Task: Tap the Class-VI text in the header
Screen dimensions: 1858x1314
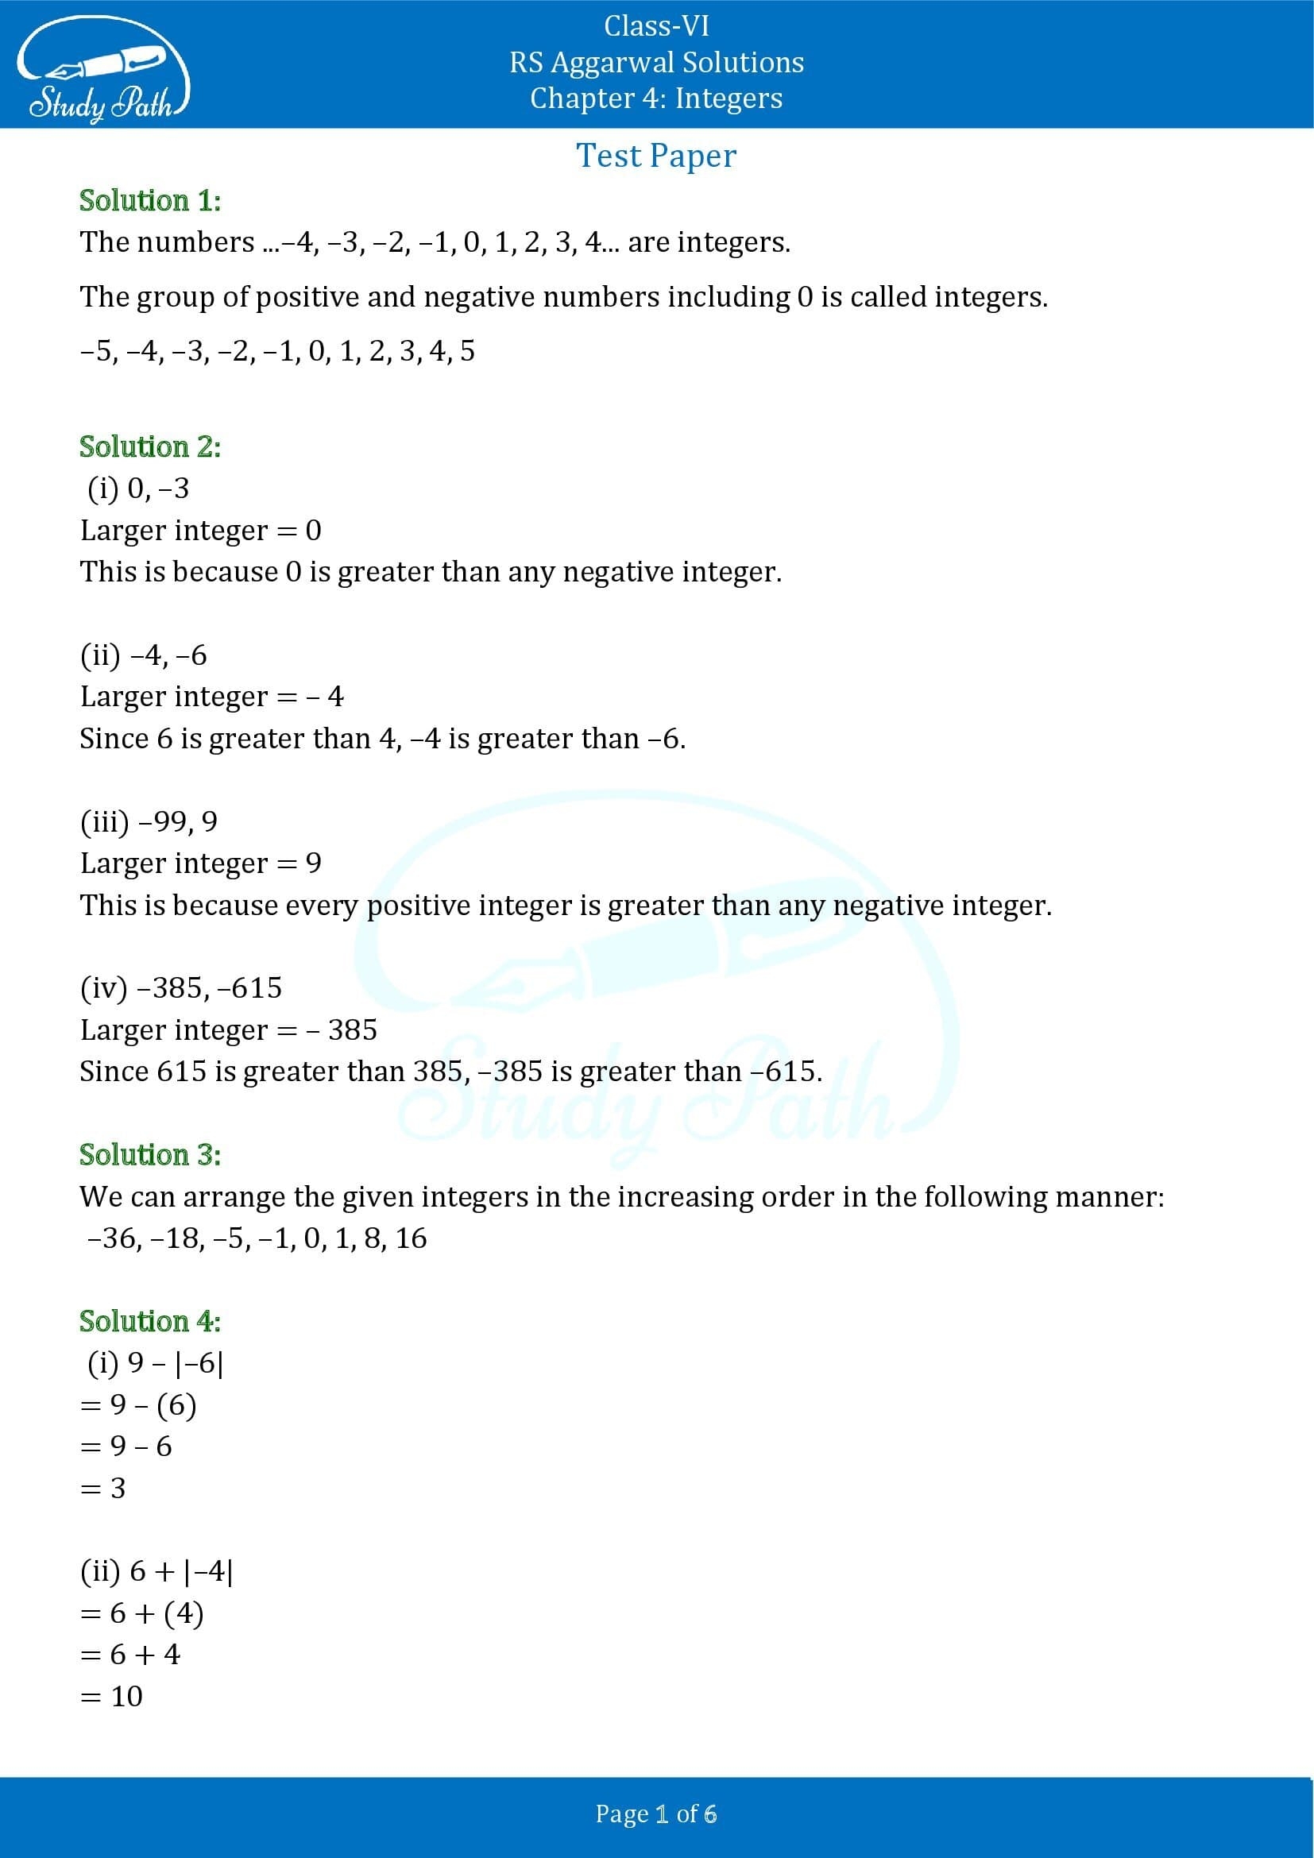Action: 656,27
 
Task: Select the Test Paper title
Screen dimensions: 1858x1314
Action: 656,156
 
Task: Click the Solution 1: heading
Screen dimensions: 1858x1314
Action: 149,201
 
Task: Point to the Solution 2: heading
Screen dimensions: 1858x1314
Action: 149,446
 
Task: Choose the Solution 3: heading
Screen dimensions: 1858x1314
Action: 149,1155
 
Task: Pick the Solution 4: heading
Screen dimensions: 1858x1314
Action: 149,1322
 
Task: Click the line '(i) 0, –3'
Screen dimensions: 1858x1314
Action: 137,489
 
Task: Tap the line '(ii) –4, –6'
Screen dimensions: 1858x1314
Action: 143,655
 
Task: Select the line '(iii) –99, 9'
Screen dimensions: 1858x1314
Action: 149,821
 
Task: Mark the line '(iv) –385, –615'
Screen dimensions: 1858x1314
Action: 181,988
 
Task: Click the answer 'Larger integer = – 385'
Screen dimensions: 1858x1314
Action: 228,1030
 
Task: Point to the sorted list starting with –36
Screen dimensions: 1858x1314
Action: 257,1238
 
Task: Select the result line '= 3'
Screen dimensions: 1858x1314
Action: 102,1488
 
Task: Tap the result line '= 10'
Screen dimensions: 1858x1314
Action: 112,1696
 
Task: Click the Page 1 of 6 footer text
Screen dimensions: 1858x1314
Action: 656,1814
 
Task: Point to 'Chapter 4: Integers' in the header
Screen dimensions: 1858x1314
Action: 656,99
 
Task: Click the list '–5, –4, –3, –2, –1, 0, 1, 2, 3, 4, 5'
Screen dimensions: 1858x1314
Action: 277,351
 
